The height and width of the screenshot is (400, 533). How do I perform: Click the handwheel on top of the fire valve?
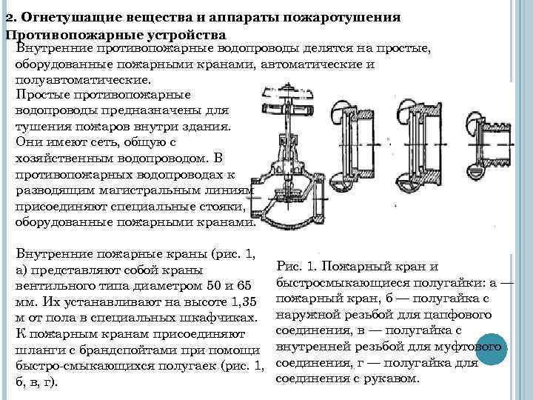pos(287,96)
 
